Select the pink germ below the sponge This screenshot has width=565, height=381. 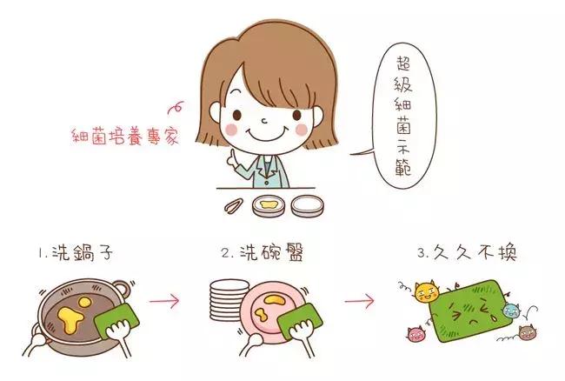click(415, 333)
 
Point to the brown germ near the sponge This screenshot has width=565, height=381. click(526, 331)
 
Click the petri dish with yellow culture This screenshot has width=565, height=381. click(270, 206)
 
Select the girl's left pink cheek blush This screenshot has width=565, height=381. click(230, 129)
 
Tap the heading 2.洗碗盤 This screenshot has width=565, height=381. click(262, 255)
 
